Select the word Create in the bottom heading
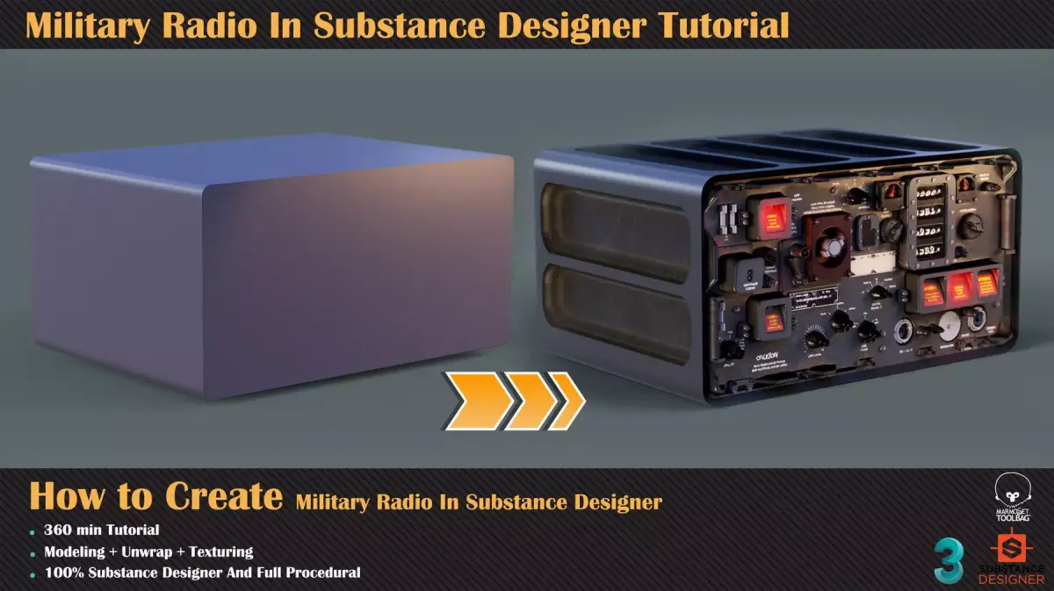click(223, 497)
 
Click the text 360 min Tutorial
click(101, 530)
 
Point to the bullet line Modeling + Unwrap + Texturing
click(148, 552)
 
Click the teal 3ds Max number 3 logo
click(949, 559)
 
